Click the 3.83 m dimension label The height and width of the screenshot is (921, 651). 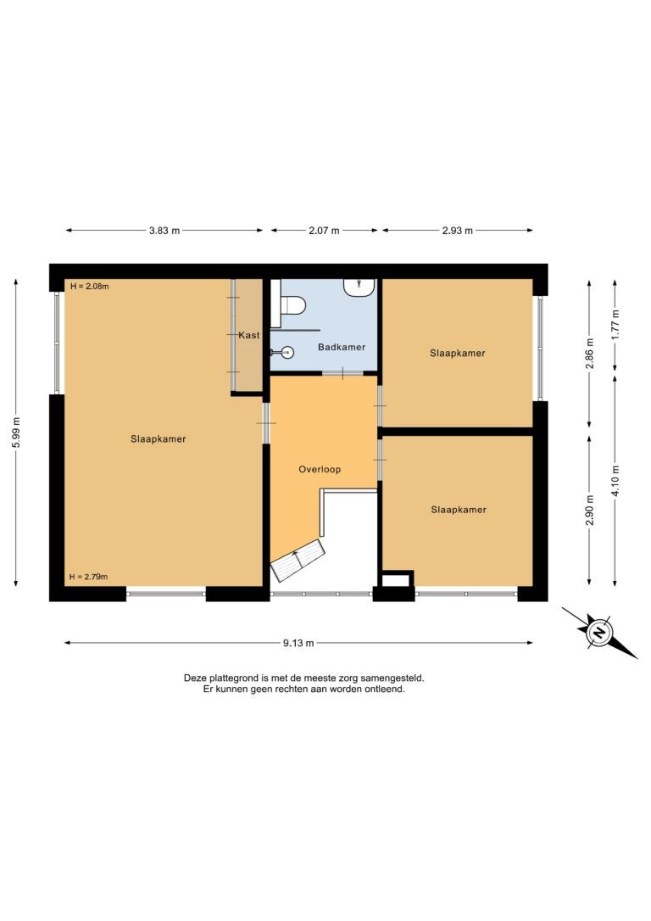[x=164, y=231]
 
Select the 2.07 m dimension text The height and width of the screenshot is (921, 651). [x=324, y=231]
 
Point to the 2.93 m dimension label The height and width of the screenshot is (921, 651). [x=457, y=231]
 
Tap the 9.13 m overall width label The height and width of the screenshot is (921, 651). [x=298, y=643]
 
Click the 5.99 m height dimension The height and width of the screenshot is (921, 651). [x=16, y=433]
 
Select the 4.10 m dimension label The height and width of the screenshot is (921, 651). [x=615, y=481]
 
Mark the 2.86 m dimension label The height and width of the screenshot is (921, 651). [x=590, y=354]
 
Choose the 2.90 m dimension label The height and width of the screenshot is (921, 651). [x=590, y=511]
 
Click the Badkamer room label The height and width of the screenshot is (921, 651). [x=342, y=347]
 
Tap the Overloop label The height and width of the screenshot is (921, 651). [x=320, y=469]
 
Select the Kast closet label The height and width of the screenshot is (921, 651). [x=249, y=335]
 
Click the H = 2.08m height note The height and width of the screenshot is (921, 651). [x=89, y=287]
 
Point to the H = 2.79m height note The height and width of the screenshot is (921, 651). [x=89, y=577]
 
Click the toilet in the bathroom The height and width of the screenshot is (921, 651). [x=291, y=304]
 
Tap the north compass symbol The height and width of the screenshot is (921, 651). [x=599, y=634]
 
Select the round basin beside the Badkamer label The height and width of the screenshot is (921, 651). [x=287, y=353]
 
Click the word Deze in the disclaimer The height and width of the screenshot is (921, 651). [x=196, y=678]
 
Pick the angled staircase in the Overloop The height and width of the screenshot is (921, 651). [x=298, y=561]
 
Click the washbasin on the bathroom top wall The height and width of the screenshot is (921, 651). [x=359, y=287]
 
